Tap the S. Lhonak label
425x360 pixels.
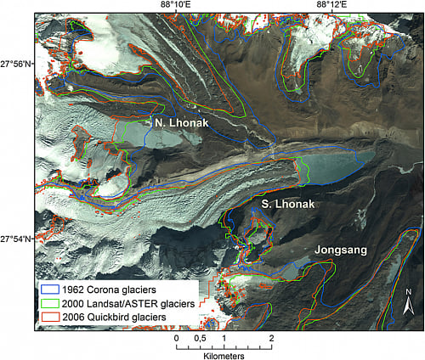(x=288, y=205)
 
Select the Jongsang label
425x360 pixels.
(x=341, y=250)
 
